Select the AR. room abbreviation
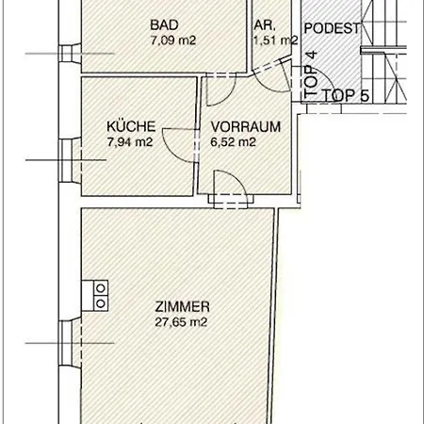[264, 26]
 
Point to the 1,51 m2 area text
[275, 41]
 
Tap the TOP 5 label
[346, 95]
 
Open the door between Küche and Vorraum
[180, 143]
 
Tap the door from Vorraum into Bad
[220, 89]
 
